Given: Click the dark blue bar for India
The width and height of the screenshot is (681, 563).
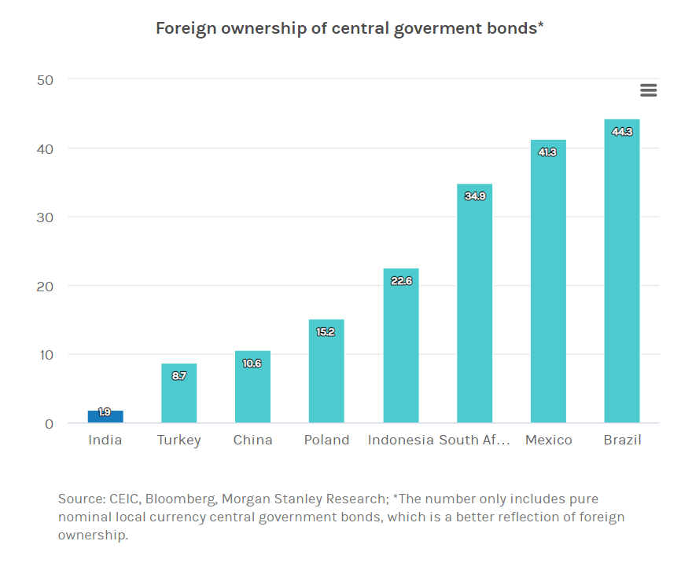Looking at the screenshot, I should pos(105,417).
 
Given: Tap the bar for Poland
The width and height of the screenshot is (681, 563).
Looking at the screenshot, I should pos(326,371).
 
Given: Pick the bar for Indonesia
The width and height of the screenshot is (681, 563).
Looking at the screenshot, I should pos(401,345).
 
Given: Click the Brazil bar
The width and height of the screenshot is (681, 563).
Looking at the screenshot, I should pos(621,271).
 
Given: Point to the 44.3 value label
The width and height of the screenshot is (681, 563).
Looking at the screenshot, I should pos(621,132).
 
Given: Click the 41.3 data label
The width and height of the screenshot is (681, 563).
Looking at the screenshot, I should pos(547,152).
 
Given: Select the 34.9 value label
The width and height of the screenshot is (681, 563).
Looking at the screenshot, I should pos(475,196).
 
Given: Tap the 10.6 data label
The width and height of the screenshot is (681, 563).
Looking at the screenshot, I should pos(252,364).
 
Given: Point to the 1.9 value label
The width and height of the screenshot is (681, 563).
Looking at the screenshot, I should pos(105,411).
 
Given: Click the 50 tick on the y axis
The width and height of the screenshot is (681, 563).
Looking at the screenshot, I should pos(44,79).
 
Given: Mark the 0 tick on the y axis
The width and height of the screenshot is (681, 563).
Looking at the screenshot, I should pos(49,424).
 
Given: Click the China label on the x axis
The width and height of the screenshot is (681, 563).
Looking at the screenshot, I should pos(252,440).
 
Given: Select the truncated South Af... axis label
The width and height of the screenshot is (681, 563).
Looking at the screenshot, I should pos(475,440).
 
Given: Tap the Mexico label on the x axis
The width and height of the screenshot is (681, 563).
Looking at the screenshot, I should pos(548,440).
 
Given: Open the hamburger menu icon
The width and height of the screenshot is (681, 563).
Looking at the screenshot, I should pos(648,90).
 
